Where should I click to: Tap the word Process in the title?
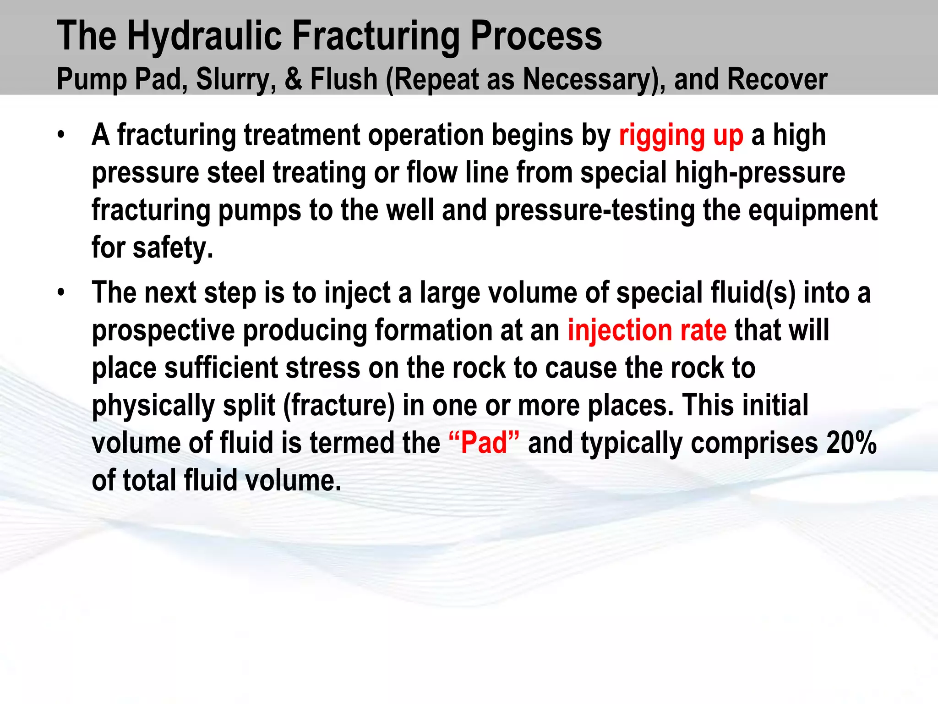(536, 37)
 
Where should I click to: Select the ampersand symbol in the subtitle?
(293, 79)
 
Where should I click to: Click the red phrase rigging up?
(681, 136)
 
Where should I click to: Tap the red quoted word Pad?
(484, 443)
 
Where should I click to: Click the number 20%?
(851, 443)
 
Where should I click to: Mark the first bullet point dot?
(61, 135)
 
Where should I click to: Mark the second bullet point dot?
(61, 293)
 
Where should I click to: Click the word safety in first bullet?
(173, 248)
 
